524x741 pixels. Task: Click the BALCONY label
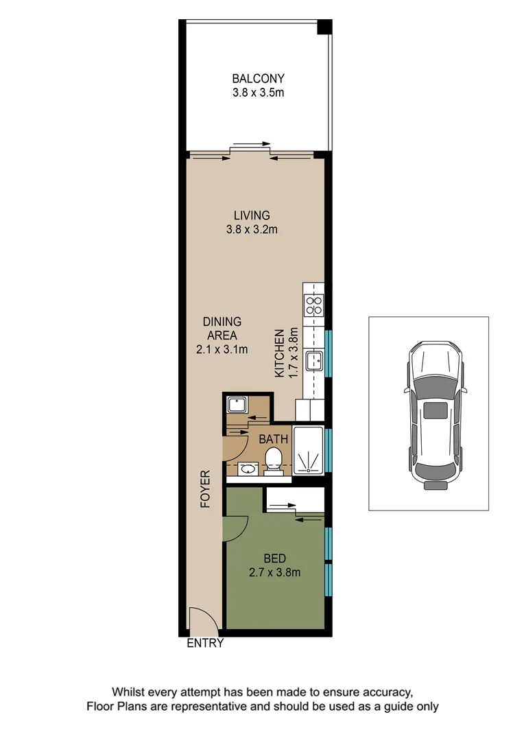[x=257, y=78]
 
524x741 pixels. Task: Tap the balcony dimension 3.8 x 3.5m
[x=257, y=91]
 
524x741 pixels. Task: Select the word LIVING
[x=251, y=215]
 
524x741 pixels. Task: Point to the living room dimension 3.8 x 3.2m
[x=251, y=229]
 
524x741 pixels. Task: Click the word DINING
[x=222, y=322]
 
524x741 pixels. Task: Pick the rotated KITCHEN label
[x=280, y=353]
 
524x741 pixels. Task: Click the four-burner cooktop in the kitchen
[x=314, y=305]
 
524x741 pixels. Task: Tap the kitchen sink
[x=315, y=360]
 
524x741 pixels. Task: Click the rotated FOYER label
[x=204, y=489]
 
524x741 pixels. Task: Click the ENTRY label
[x=205, y=644]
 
